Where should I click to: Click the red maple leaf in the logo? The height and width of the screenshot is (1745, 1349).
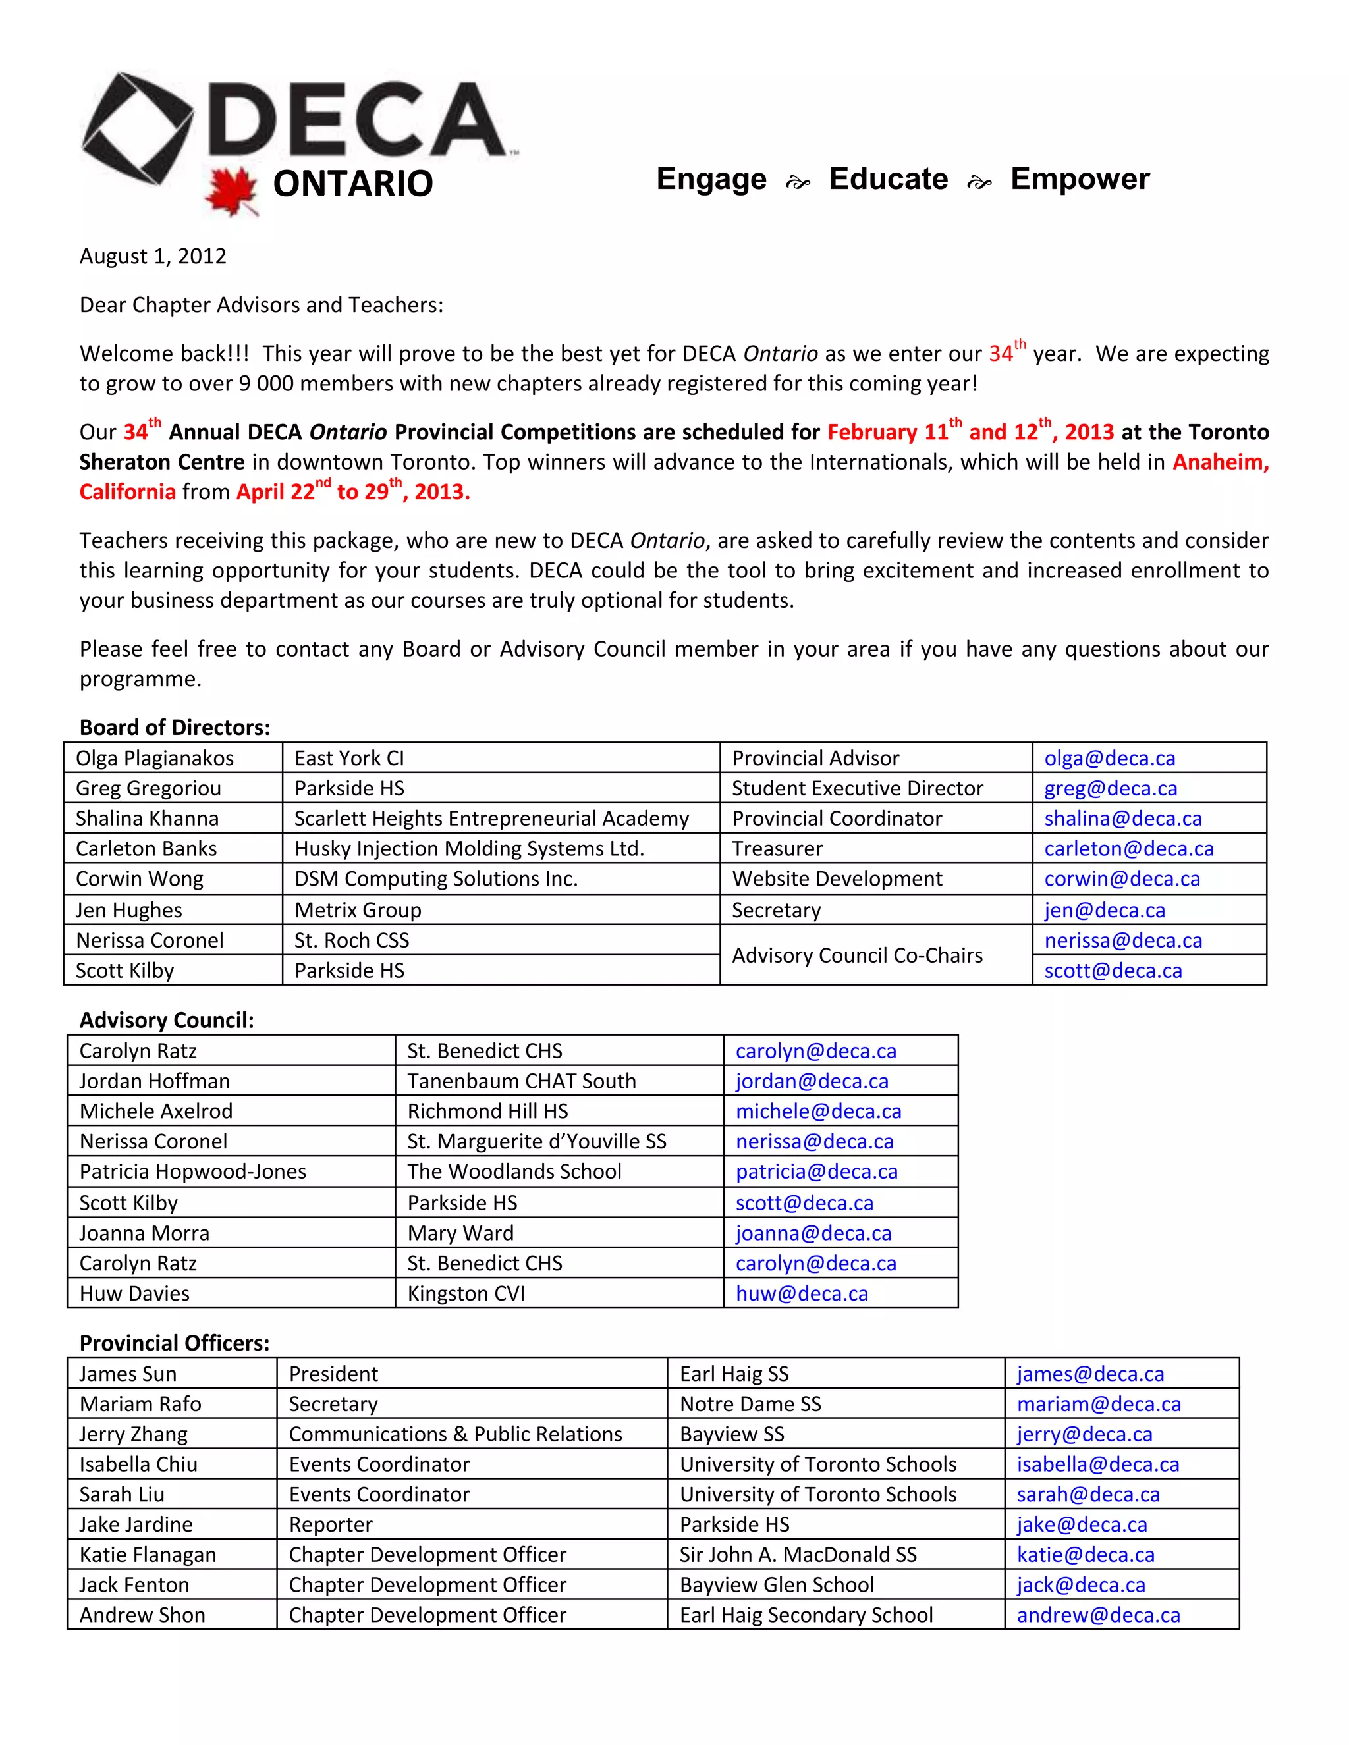[231, 192]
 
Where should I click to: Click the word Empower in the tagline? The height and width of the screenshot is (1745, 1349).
[1080, 179]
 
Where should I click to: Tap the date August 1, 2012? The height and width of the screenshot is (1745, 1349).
[153, 256]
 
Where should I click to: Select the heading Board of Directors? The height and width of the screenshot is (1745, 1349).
[174, 727]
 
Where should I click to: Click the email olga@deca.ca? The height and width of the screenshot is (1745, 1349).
[1109, 758]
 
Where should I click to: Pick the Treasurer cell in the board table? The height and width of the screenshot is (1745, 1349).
[777, 849]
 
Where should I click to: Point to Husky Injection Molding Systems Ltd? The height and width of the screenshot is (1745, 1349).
[469, 849]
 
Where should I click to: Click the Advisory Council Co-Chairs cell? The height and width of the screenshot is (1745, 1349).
[857, 955]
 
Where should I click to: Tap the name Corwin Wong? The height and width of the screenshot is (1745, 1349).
[139, 879]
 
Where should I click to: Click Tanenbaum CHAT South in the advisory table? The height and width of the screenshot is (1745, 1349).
[521, 1081]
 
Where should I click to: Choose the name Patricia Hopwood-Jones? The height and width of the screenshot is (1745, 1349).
[192, 1171]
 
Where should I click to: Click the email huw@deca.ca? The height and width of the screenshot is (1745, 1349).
[802, 1293]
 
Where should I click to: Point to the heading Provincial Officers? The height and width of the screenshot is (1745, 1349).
[174, 1343]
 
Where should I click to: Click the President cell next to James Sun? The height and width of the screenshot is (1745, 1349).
[333, 1374]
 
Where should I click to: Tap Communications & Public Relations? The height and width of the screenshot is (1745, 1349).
[454, 1434]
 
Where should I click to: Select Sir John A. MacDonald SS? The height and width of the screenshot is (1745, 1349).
[798, 1555]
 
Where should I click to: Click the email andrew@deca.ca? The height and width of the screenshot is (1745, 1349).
[1098, 1615]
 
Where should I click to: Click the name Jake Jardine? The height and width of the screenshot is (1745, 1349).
[136, 1524]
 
